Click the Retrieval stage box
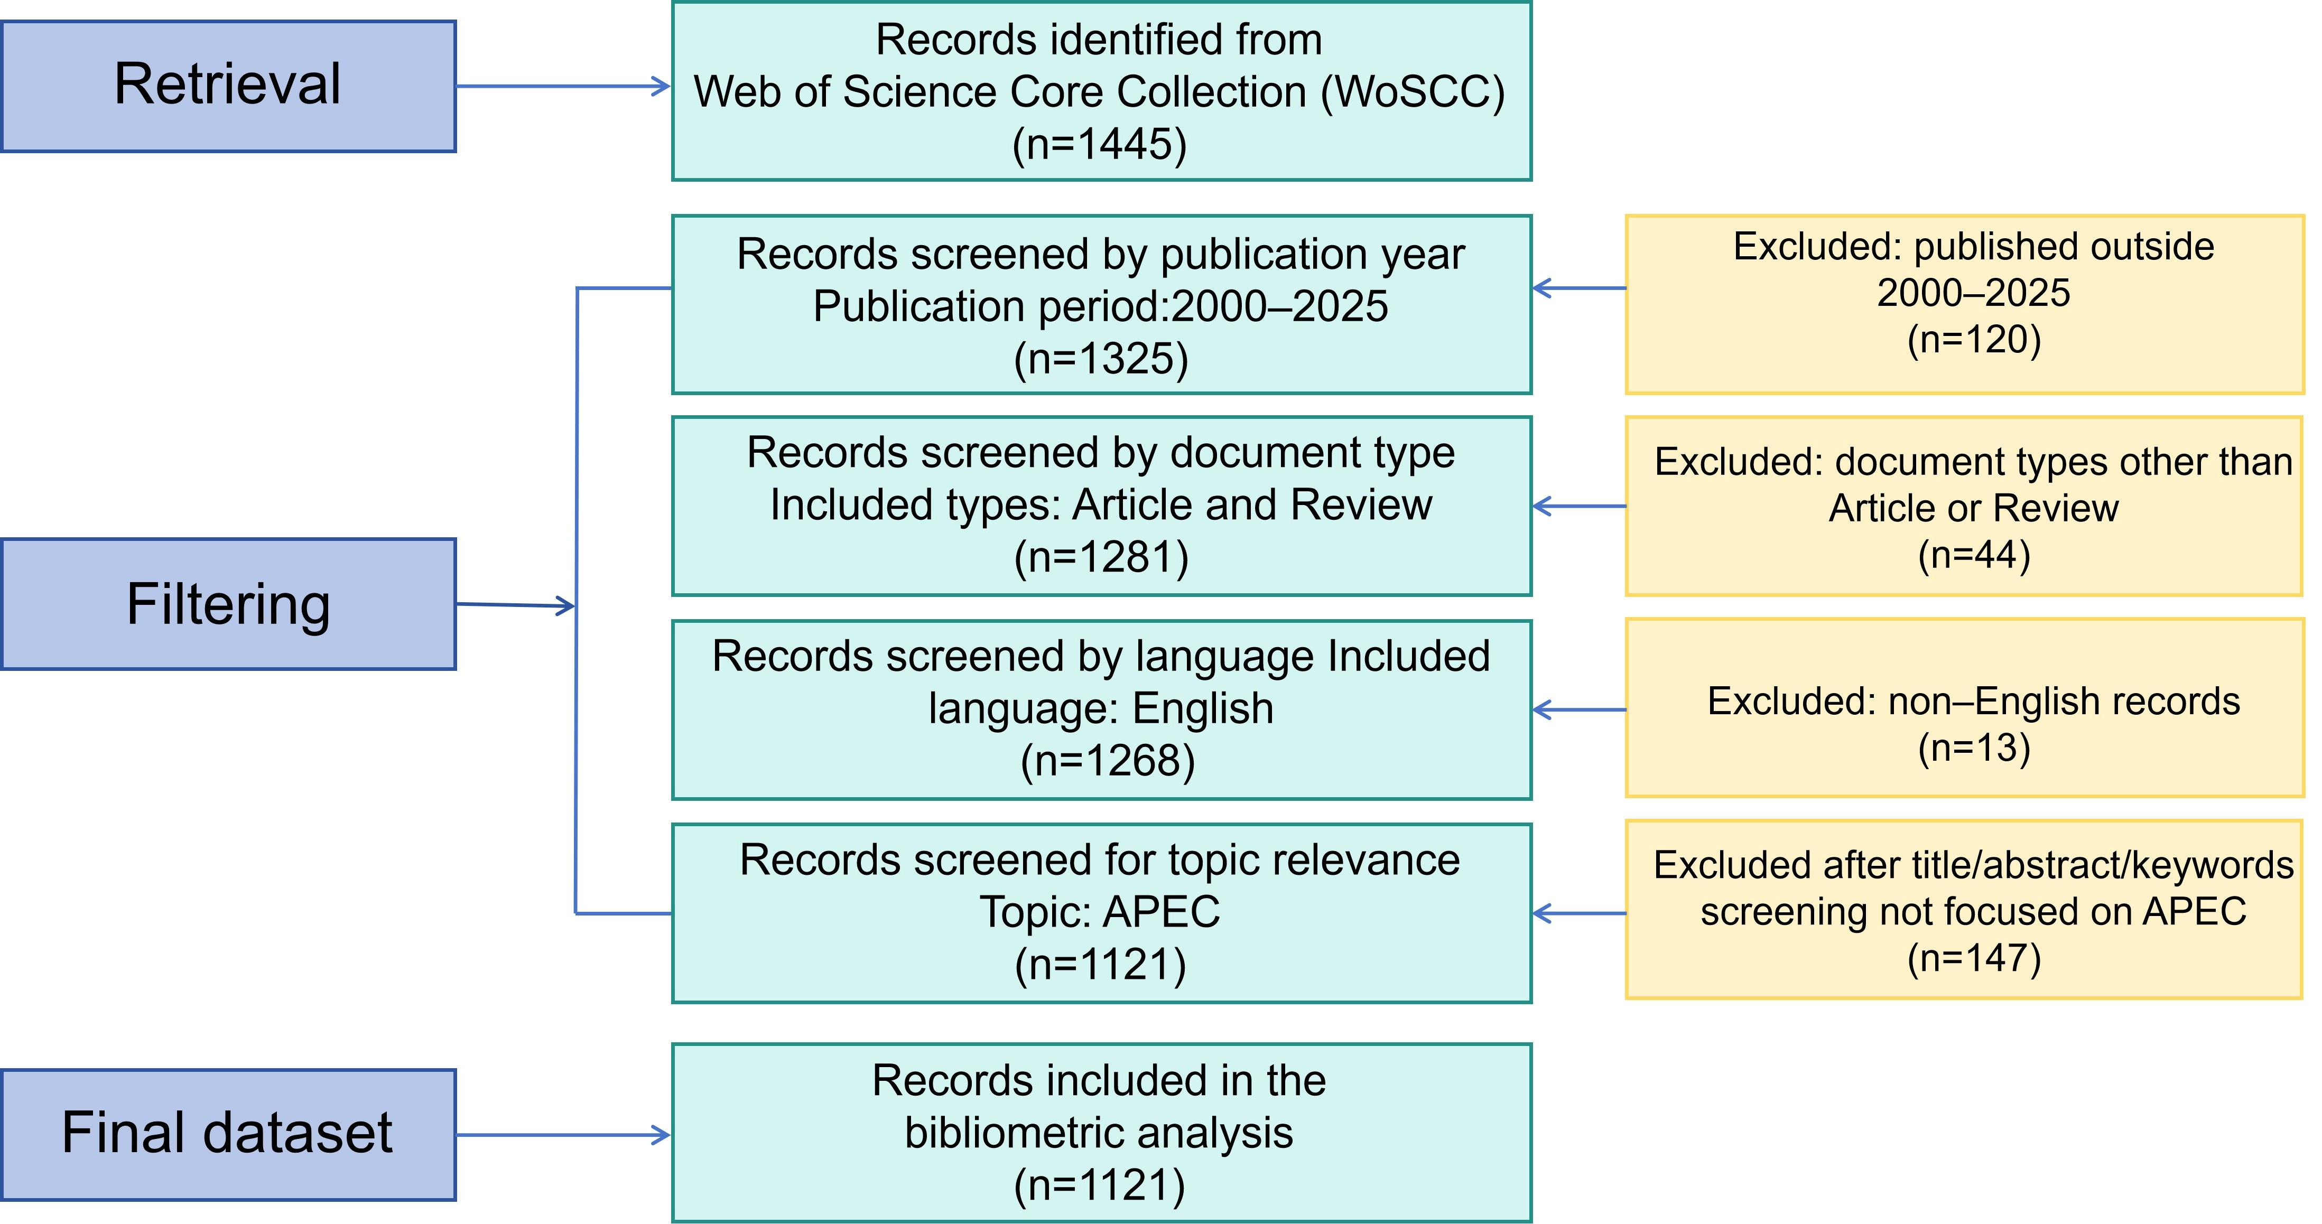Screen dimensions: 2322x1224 228,87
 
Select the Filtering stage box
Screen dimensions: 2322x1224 228,604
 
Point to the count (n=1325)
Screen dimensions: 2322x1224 1101,359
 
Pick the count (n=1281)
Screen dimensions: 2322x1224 1101,557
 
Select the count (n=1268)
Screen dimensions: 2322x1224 1108,761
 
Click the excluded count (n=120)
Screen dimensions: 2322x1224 1974,340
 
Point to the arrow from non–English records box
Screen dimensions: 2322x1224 1579,710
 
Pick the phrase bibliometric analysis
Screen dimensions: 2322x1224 1099,1133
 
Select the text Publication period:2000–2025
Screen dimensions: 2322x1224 1101,306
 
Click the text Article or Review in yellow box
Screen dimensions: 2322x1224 1974,508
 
